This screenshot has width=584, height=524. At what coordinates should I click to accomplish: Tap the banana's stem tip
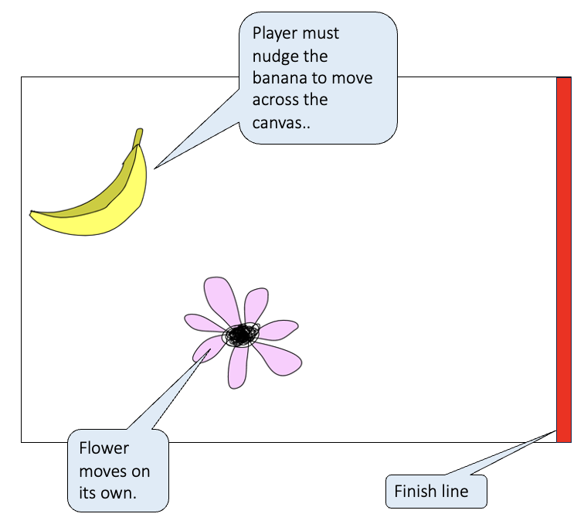pyautogui.click(x=139, y=131)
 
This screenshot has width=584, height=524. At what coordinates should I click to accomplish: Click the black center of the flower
pyautogui.click(x=241, y=335)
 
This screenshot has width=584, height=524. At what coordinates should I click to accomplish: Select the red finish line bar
pyautogui.click(x=564, y=259)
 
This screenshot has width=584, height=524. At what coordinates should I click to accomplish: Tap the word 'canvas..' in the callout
pyautogui.click(x=281, y=122)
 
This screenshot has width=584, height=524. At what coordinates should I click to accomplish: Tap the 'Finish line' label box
pyautogui.click(x=436, y=492)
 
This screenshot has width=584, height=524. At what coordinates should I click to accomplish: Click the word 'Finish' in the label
pyautogui.click(x=416, y=492)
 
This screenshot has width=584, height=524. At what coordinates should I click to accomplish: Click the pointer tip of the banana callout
pyautogui.click(x=155, y=168)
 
